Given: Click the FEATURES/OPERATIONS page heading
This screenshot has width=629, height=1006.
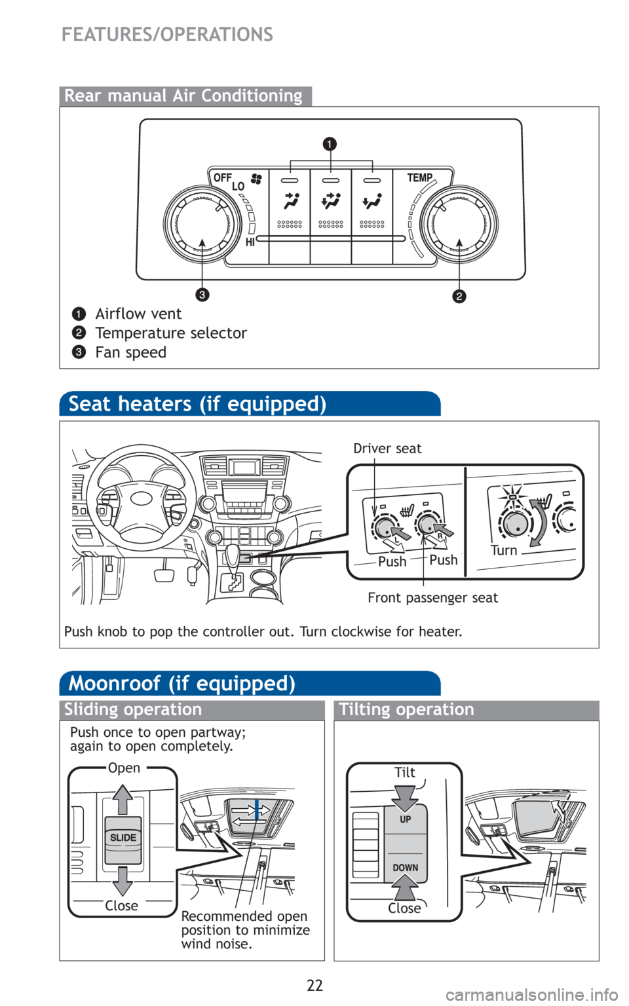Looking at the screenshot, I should tap(167, 34).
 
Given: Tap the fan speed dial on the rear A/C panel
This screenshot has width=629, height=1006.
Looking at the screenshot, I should tap(201, 223).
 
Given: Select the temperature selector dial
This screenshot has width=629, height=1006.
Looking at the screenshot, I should tap(459, 223).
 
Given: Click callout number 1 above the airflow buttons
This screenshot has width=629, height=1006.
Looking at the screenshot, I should tap(330, 143).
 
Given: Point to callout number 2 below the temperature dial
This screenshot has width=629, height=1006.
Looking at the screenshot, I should tap(459, 296).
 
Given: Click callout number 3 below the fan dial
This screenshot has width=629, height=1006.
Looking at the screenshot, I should tap(202, 295).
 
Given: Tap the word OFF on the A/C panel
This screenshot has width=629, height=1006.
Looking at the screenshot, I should tap(223, 177).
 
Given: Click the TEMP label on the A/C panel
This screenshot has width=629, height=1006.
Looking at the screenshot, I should tap(419, 177).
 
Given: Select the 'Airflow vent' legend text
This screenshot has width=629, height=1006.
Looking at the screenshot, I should tap(138, 314).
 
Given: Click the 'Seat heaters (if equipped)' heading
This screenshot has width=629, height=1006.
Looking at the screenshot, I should tap(197, 404).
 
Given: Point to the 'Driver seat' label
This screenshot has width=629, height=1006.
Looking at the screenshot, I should tap(387, 449).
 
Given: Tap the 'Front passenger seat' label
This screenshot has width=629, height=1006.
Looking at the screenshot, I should tap(432, 598).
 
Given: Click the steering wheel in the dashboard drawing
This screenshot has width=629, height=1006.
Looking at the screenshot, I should tap(141, 499).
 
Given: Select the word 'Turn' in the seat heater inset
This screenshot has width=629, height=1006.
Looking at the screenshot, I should tap(504, 550).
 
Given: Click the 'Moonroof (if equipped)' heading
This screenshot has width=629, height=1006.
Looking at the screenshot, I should tap(182, 684).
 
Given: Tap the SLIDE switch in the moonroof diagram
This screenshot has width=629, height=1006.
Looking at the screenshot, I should tap(123, 838).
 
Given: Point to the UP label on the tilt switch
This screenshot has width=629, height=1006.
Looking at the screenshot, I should tap(406, 819).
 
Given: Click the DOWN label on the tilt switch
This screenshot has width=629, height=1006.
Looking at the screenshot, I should tap(406, 868).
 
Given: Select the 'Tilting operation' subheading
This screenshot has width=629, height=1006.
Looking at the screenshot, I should tap(406, 710).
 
